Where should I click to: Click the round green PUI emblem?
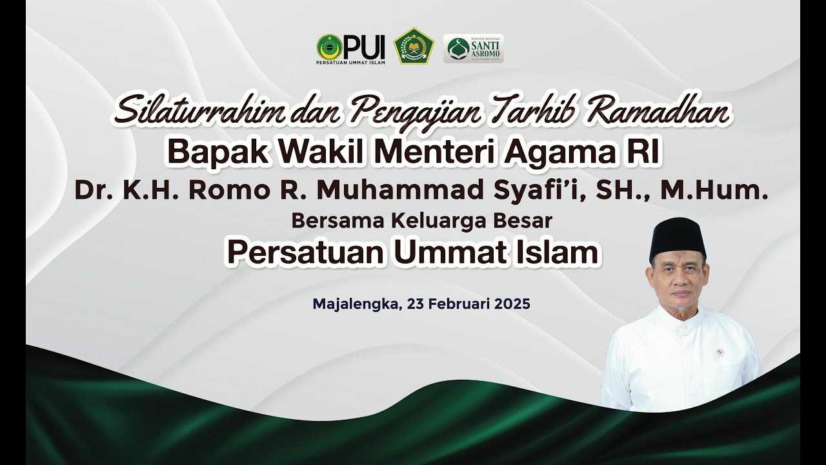[329, 48]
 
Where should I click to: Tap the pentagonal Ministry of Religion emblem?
[414, 46]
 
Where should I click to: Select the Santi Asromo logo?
[473, 48]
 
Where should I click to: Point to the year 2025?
[512, 303]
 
